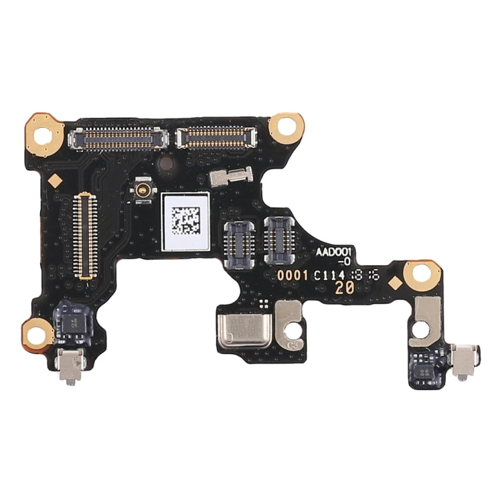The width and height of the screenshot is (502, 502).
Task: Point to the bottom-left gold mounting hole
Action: (37, 331)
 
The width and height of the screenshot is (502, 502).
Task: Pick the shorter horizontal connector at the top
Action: (216, 137)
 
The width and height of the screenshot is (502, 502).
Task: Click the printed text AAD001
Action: (337, 251)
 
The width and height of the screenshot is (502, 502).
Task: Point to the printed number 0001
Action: (293, 275)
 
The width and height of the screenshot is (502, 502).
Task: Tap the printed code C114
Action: (331, 274)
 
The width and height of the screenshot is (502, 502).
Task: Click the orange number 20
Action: (346, 288)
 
